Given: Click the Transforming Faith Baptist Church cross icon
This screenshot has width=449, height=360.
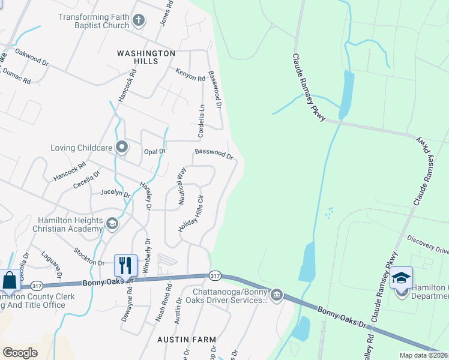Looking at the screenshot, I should point(139,21).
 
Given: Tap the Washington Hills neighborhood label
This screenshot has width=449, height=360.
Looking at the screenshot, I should point(146,58).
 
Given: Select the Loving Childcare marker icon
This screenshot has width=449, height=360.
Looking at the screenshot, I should point(122,147).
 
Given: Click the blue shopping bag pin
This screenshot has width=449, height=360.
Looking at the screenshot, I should point(10,280).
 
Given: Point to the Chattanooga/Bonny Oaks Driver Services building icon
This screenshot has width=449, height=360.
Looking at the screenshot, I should point(276,294).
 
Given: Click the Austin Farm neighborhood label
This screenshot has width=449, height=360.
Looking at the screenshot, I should point(186,339).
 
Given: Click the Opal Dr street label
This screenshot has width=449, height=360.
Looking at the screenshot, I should point(154,152).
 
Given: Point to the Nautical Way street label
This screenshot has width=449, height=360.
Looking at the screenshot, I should point(181,187).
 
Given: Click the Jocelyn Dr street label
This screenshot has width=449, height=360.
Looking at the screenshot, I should point(115,193).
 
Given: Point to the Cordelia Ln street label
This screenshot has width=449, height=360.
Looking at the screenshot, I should point(201,119).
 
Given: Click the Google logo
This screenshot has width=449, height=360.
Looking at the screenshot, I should point(20,352).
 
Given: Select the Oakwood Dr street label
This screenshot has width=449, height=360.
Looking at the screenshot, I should point(32,57).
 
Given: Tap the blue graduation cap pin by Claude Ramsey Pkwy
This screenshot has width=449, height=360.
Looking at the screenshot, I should point(401,278).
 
